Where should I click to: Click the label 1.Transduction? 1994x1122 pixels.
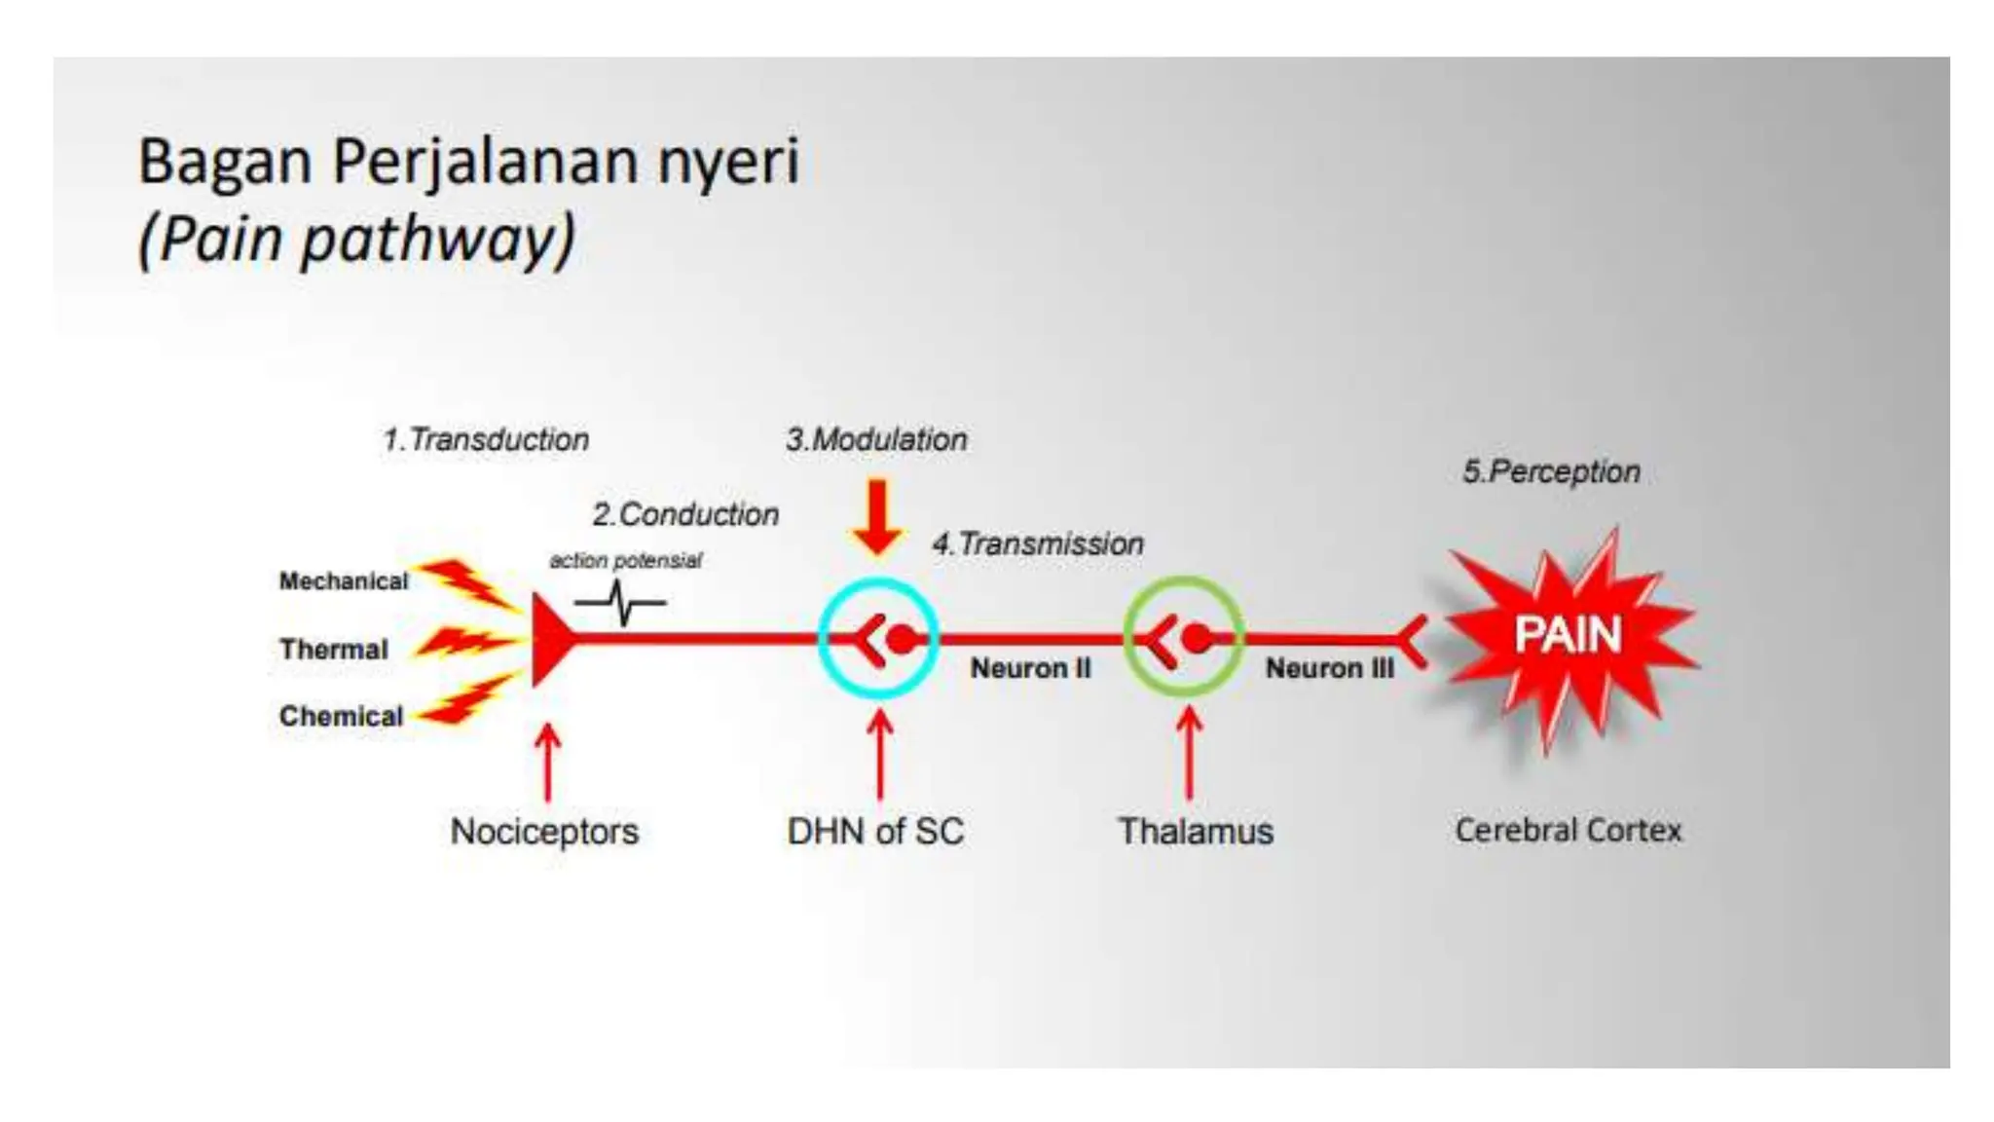coord(486,440)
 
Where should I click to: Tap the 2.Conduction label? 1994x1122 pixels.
coord(685,514)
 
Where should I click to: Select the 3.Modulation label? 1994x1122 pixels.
coord(876,440)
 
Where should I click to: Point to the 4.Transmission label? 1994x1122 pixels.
coord(1038,543)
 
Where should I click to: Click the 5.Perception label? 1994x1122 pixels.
coord(1551,472)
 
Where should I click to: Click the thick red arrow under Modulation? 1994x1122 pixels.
coord(877,517)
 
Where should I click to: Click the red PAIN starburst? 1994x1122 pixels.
coord(1568,635)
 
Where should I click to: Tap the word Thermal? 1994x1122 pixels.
coord(333,650)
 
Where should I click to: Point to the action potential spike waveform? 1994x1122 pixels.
coord(620,603)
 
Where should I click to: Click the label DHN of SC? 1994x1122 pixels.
coord(875,831)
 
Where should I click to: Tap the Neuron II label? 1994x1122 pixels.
coord(1030,669)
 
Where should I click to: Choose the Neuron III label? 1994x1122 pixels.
coord(1329,669)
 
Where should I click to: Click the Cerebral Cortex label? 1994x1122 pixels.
coord(1568,831)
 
